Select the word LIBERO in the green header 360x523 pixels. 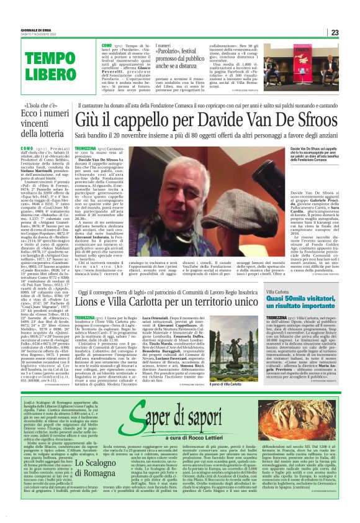[42, 75]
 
